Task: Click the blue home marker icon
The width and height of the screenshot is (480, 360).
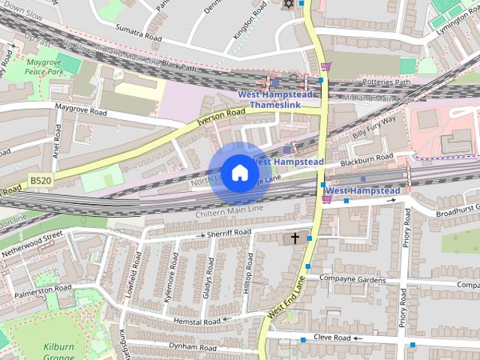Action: tap(238, 173)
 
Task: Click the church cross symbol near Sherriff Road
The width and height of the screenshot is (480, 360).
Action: tap(295, 238)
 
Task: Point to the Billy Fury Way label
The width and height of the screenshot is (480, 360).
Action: tap(374, 128)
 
